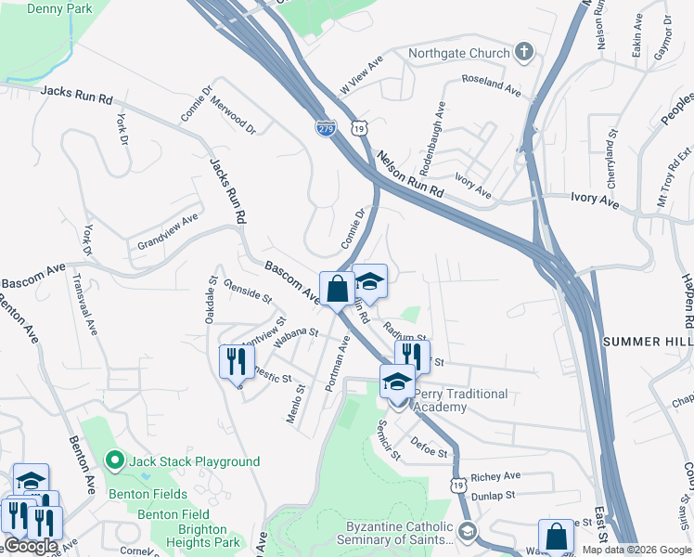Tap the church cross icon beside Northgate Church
(525, 52)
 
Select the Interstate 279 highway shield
(325, 127)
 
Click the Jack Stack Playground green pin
(114, 460)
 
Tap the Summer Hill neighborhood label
(648, 342)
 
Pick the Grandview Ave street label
(168, 232)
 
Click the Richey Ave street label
(495, 476)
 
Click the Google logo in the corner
(31, 545)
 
